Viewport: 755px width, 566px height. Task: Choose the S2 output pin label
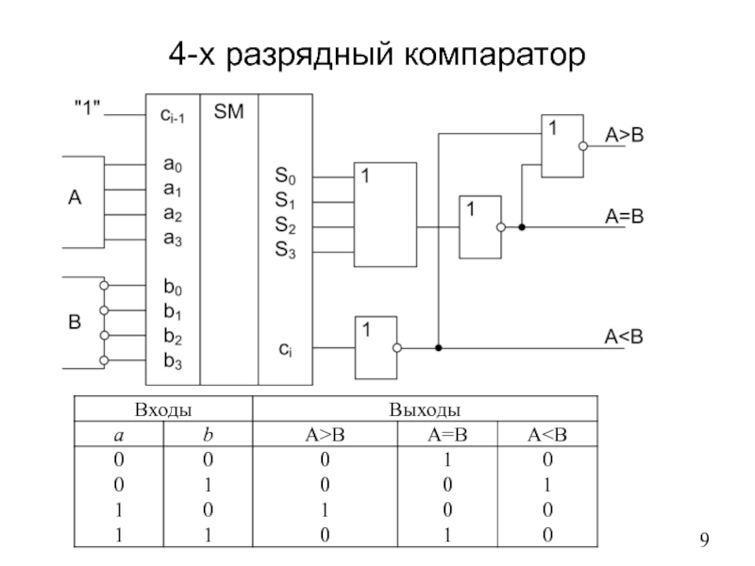click(285, 226)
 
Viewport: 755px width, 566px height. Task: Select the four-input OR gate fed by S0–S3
click(385, 213)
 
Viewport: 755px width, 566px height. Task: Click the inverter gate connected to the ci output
click(375, 347)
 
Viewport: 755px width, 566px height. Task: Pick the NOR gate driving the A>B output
click(560, 145)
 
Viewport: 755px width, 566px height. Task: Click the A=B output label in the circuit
click(624, 217)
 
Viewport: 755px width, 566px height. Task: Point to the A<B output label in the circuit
click(624, 335)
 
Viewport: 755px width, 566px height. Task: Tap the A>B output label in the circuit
click(625, 136)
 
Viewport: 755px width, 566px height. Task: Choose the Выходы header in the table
click(425, 409)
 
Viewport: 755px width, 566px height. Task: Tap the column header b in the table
click(208, 434)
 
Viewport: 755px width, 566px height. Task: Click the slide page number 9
click(703, 541)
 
